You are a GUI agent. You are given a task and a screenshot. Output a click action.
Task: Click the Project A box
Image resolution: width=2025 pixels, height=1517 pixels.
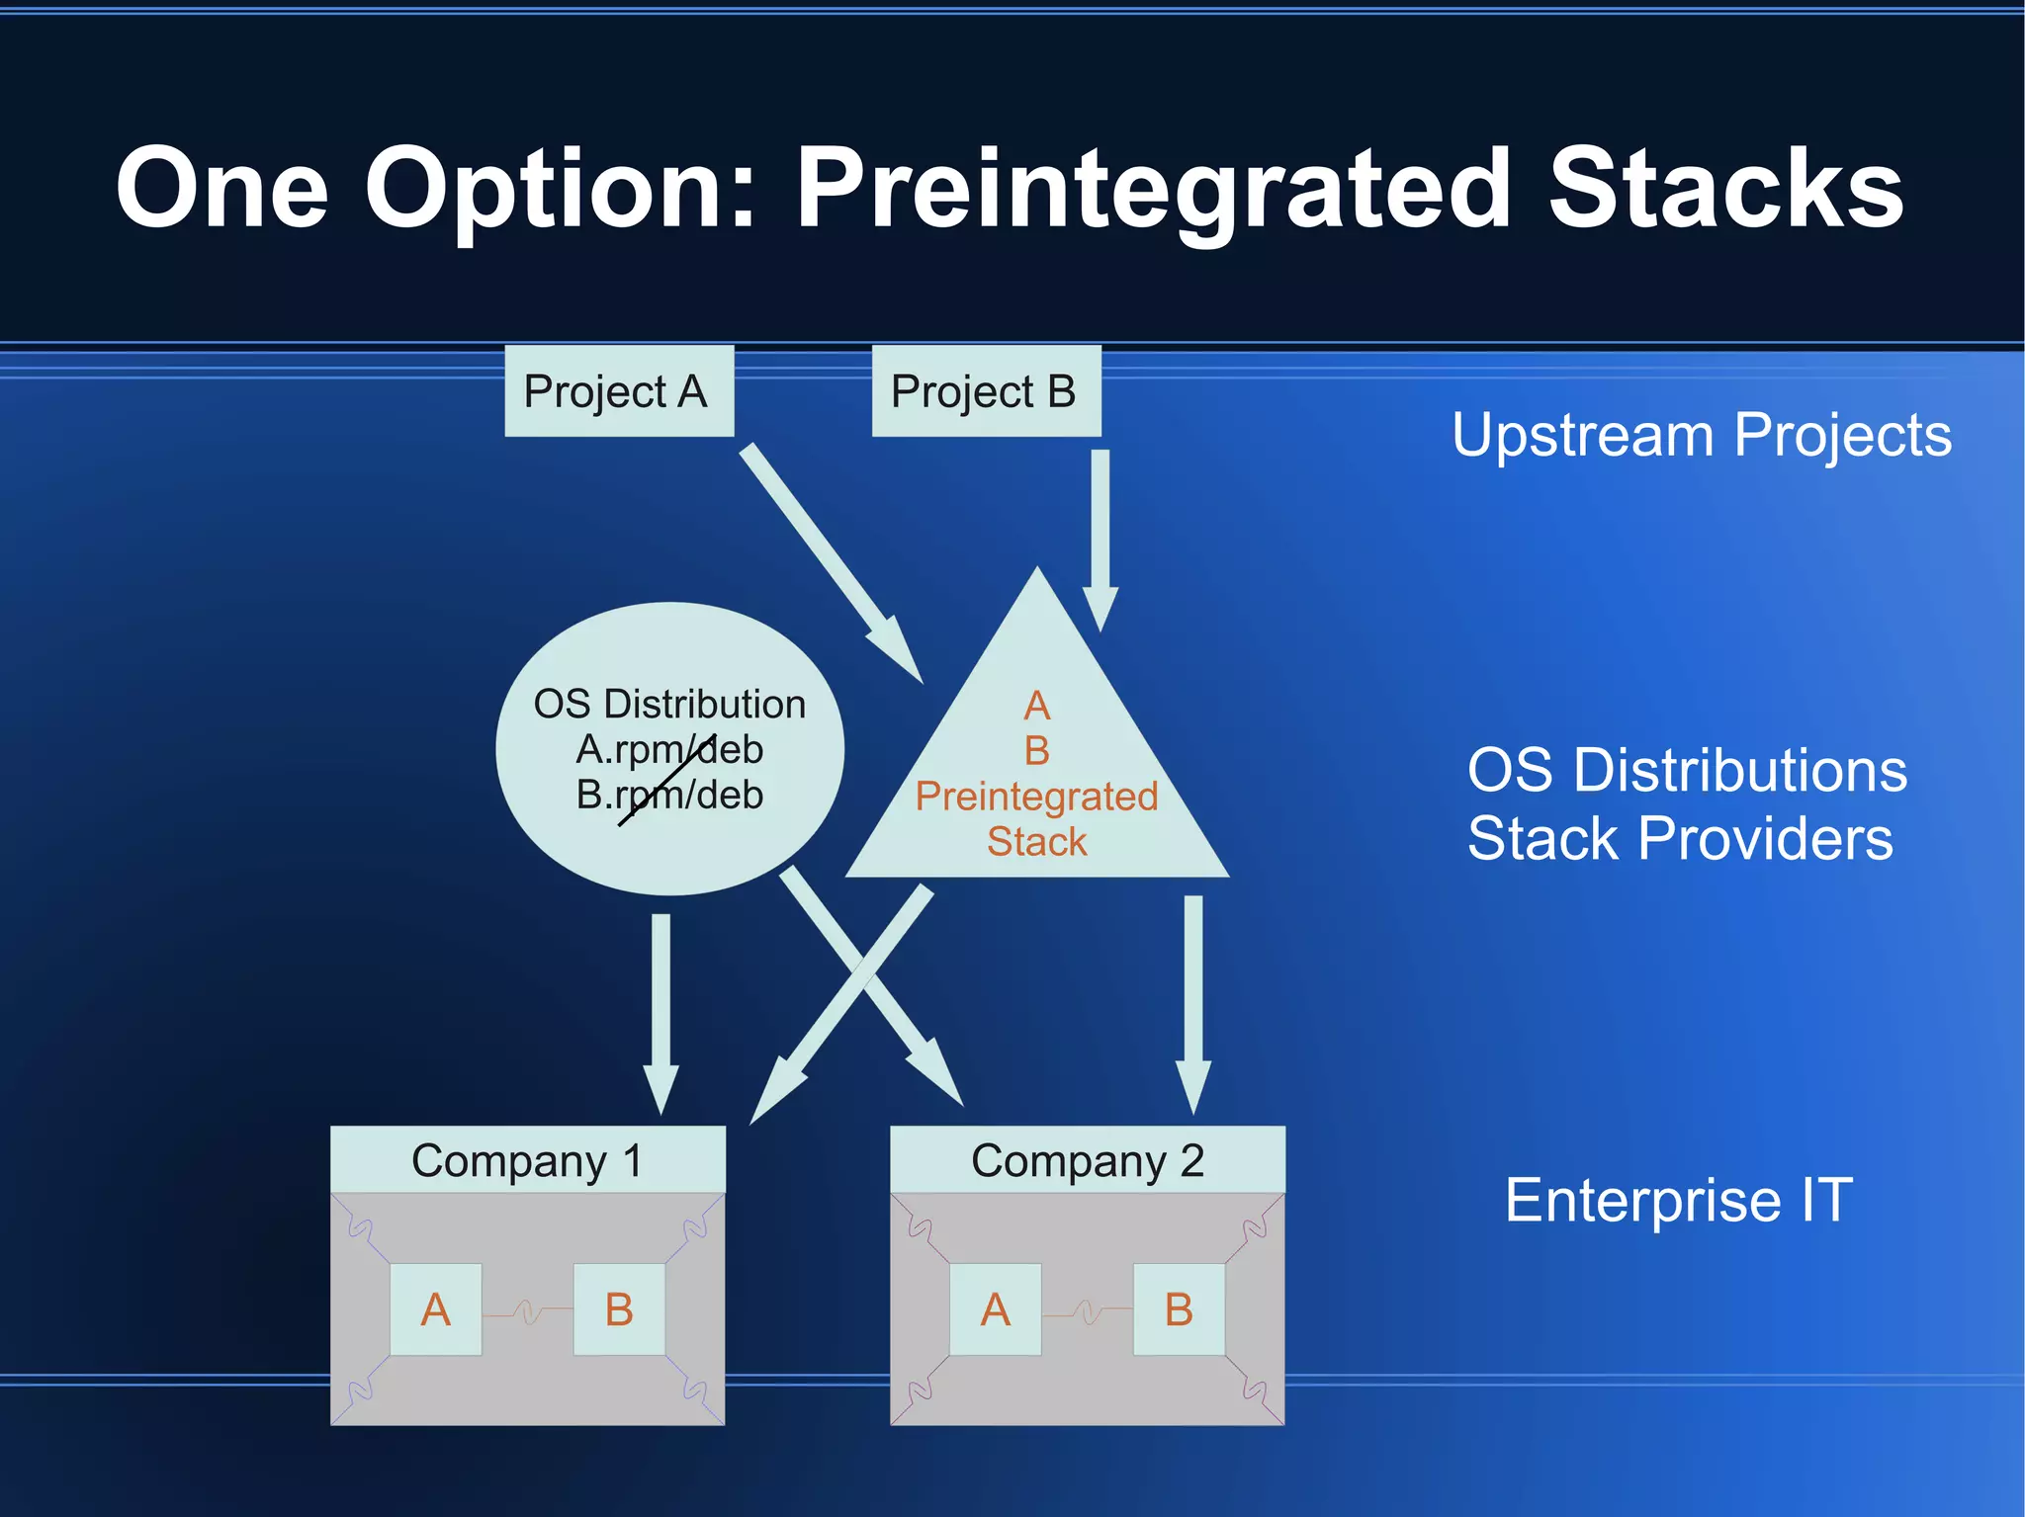point(619,391)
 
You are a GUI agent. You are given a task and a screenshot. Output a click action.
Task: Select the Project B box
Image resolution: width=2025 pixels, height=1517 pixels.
point(986,391)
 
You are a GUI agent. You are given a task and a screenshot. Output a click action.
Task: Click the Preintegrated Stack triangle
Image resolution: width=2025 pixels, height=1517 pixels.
point(1036,771)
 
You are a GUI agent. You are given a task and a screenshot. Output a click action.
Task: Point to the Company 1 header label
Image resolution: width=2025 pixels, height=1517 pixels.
point(527,1160)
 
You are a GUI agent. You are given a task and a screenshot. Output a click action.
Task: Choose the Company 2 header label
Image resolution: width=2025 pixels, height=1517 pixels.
point(1087,1160)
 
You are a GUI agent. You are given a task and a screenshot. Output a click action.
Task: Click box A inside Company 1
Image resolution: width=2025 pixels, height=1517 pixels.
point(436,1309)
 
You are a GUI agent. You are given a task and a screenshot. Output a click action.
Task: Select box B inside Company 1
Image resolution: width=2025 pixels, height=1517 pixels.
point(619,1309)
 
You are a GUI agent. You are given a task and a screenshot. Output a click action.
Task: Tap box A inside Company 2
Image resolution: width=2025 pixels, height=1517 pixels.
point(995,1309)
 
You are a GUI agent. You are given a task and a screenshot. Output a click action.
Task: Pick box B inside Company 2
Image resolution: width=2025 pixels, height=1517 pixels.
point(1179,1309)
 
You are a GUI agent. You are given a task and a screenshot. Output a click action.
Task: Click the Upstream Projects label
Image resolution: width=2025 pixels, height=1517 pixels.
point(1701,435)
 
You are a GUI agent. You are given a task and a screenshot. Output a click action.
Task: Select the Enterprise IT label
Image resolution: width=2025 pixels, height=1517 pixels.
point(1678,1200)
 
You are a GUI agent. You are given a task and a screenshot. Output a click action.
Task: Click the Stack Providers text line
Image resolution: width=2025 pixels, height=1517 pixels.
point(1679,839)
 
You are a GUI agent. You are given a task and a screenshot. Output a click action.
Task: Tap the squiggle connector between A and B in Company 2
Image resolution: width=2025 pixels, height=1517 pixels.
point(1087,1311)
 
